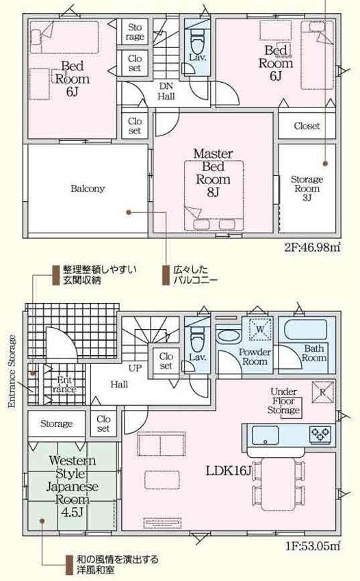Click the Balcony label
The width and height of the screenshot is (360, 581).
[x=88, y=189]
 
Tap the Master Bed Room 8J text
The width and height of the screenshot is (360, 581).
[x=213, y=172]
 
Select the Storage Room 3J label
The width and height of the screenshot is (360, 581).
[x=307, y=188]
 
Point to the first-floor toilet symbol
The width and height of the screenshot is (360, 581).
[x=197, y=339]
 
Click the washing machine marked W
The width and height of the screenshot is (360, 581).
[x=260, y=328]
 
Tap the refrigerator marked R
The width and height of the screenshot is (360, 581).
[x=322, y=392]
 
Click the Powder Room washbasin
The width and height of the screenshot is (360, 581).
[x=228, y=336]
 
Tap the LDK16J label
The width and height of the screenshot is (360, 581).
[x=229, y=471]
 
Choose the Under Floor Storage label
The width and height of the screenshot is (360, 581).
[x=283, y=401]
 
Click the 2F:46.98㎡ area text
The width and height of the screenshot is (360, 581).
[x=313, y=247]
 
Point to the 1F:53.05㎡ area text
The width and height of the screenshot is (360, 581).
[x=313, y=546]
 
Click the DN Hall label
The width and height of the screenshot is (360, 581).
[x=166, y=91]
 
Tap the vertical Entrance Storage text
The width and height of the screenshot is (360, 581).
[x=12, y=372]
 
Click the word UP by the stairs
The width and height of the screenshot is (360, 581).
[x=135, y=368]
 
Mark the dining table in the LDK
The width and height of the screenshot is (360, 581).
[x=278, y=484]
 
